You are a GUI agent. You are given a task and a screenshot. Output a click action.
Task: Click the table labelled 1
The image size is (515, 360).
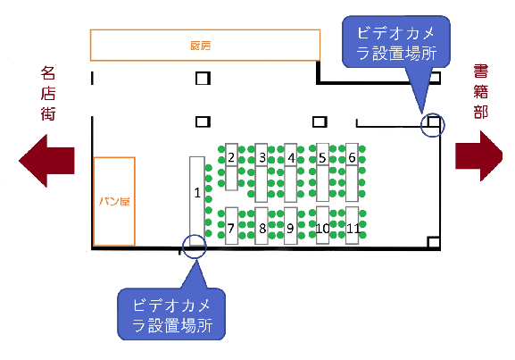[x=197, y=201]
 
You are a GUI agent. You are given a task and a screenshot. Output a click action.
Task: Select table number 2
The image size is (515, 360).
[x=231, y=167]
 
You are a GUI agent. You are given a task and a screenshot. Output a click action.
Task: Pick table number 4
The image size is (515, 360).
[x=291, y=172]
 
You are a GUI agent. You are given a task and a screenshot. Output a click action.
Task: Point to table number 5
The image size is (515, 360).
[x=322, y=172]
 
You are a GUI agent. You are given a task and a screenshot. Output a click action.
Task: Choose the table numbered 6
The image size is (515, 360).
[x=352, y=172]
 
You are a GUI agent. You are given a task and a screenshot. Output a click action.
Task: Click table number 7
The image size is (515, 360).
[x=231, y=226]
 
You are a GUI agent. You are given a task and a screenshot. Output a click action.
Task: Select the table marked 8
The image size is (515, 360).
[x=262, y=226]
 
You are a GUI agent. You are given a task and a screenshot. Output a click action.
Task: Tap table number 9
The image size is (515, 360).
[x=291, y=226]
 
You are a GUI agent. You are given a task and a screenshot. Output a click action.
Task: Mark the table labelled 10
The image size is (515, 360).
[x=322, y=225]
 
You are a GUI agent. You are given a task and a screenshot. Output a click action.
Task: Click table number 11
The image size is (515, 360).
[x=352, y=225]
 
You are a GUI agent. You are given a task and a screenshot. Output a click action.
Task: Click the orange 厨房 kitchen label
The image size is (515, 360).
[x=200, y=46]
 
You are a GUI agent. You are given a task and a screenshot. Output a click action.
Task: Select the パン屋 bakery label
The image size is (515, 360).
[x=114, y=201]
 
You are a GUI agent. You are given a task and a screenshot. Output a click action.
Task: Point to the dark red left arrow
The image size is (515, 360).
[x=46, y=161]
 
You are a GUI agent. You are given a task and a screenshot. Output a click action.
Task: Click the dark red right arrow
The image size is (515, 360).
[x=479, y=156]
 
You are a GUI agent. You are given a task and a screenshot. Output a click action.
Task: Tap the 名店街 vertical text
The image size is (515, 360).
[x=48, y=94]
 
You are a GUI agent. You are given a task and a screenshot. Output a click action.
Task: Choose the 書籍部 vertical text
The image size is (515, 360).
[x=480, y=91]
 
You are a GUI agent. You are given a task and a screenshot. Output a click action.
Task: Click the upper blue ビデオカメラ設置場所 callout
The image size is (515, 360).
[x=396, y=43]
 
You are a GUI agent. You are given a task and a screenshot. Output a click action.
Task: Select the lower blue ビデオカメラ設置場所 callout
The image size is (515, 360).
[x=171, y=314]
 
